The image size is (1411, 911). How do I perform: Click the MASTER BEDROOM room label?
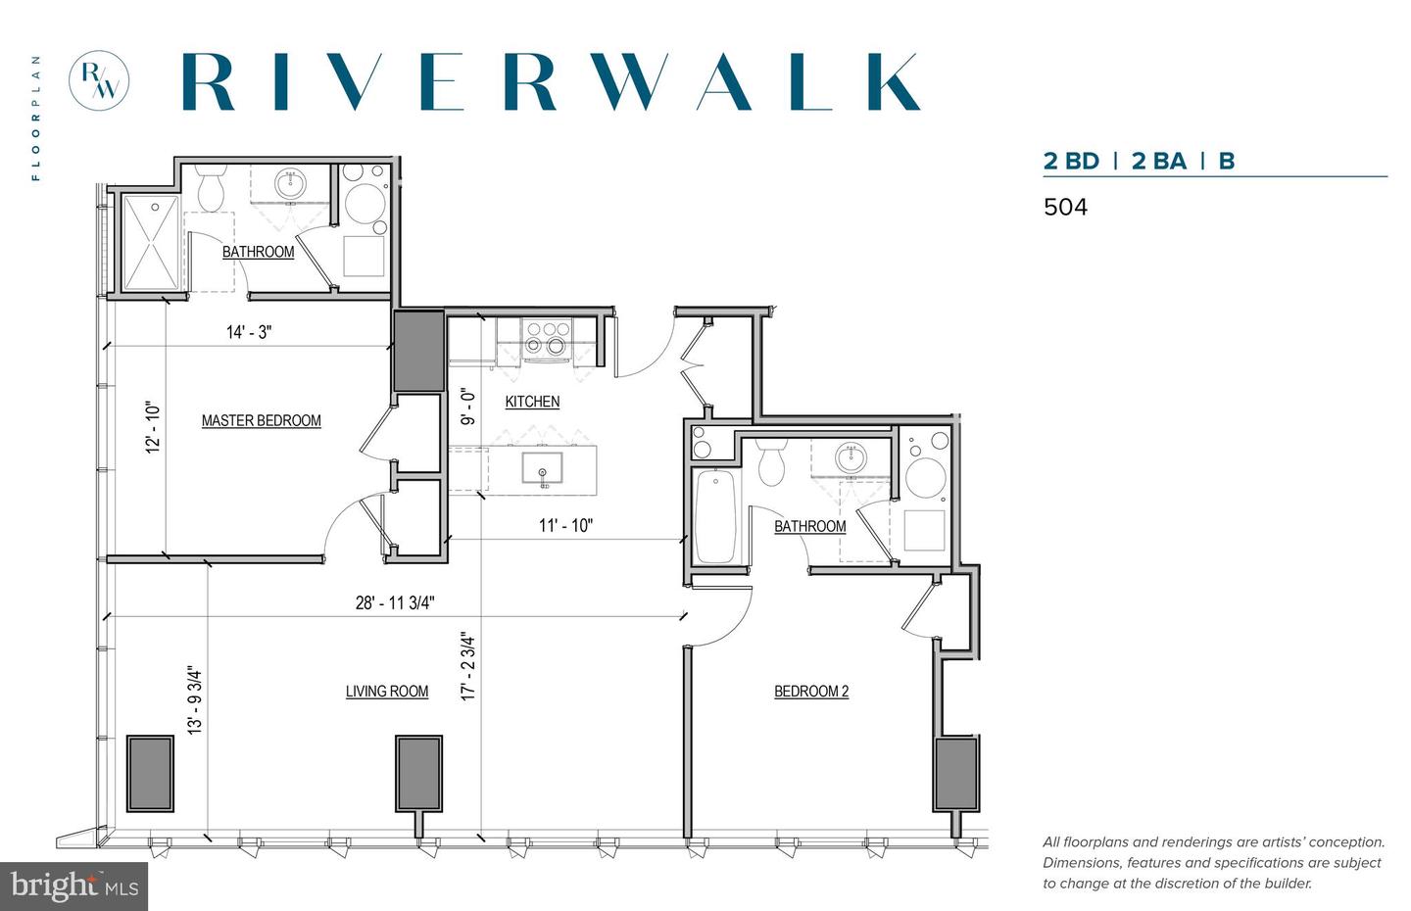pyautogui.click(x=262, y=420)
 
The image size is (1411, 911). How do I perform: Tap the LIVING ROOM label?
pyautogui.click(x=387, y=692)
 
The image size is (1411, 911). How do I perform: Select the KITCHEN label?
pyautogui.click(x=532, y=402)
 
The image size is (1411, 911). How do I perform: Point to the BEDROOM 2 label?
pyautogui.click(x=811, y=692)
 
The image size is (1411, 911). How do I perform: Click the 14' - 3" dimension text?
pyautogui.click(x=249, y=332)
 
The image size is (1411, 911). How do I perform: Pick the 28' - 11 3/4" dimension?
pyautogui.click(x=395, y=602)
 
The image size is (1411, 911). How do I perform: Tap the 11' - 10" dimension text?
pyautogui.click(x=565, y=525)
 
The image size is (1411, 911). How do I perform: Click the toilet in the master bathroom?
pyautogui.click(x=211, y=187)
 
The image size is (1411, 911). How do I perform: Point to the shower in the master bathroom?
pyautogui.click(x=150, y=244)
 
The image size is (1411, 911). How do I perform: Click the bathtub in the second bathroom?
pyautogui.click(x=715, y=515)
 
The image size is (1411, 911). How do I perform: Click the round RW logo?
pyautogui.click(x=99, y=81)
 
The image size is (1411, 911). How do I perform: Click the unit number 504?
pyautogui.click(x=1065, y=207)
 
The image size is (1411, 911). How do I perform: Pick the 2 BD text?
pyautogui.click(x=1071, y=162)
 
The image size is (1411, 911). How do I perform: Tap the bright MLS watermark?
pyautogui.click(x=74, y=887)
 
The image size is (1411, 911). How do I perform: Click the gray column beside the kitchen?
pyautogui.click(x=418, y=351)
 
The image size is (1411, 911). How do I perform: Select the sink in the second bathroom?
pyautogui.click(x=850, y=458)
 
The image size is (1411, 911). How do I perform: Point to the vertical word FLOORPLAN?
pyautogui.click(x=36, y=118)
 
